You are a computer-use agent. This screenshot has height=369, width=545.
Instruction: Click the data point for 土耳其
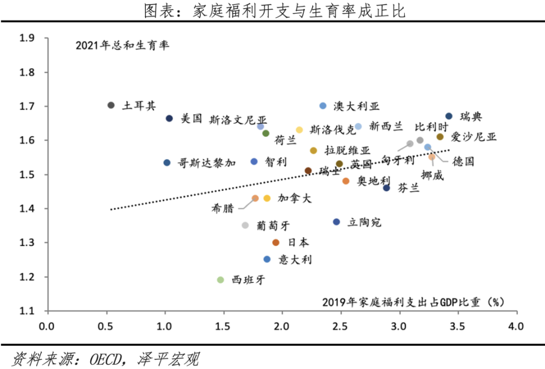[x=111, y=105]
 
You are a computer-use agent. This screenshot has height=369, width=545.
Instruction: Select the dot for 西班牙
[x=221, y=280]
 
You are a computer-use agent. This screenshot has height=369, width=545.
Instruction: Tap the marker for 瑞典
[x=448, y=116]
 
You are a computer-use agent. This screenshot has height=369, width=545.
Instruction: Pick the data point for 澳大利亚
[x=323, y=106]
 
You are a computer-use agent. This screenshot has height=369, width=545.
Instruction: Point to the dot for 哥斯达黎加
[x=167, y=163]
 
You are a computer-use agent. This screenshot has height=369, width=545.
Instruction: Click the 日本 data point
[x=276, y=242]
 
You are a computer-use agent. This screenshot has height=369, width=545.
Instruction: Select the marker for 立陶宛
[x=336, y=222]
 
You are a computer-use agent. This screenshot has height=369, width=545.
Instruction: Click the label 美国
[x=191, y=119]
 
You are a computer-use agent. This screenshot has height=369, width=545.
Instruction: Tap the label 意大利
[x=295, y=259]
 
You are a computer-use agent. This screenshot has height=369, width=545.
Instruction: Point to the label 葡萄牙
[x=269, y=225]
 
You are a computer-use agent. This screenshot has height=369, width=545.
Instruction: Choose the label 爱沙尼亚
[x=473, y=137]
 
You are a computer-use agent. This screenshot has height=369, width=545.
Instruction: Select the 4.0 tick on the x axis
[x=515, y=327]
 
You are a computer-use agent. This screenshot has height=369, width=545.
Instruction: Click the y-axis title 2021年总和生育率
[x=122, y=45]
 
